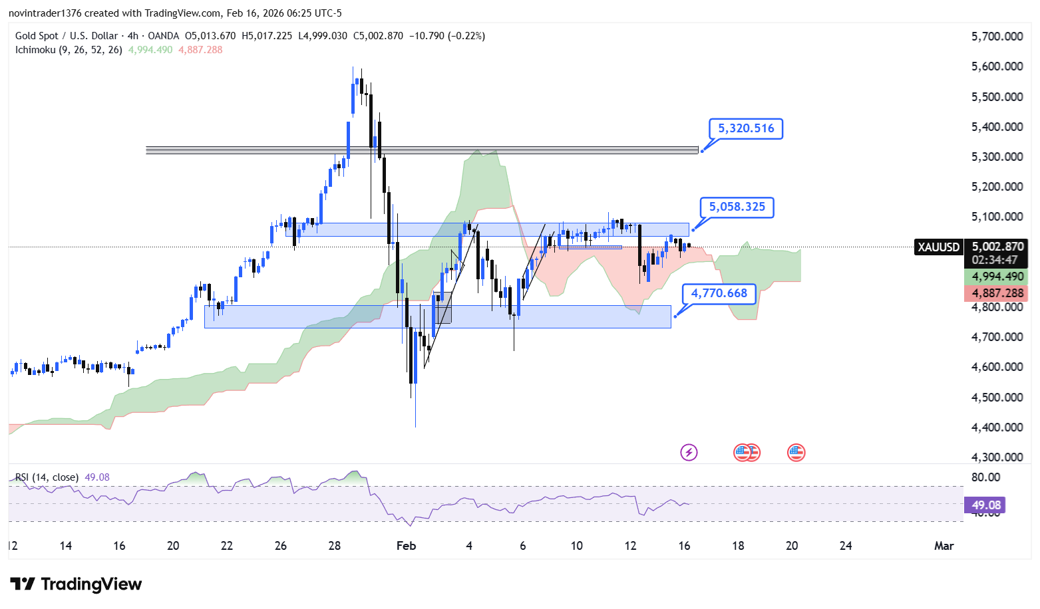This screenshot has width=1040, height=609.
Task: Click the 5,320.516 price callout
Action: [746, 128]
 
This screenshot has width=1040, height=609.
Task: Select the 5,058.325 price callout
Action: [737, 207]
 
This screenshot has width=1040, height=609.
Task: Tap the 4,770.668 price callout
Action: [719, 293]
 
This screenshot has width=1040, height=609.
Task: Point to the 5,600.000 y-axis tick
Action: [997, 66]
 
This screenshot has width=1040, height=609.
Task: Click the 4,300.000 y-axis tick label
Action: [997, 457]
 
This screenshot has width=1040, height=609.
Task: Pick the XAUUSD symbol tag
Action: [938, 247]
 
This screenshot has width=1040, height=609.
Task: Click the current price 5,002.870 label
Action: [997, 247]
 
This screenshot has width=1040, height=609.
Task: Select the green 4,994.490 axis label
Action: [997, 277]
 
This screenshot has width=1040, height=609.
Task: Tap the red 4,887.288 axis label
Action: [997, 293]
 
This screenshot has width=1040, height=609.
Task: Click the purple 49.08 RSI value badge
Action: [985, 505]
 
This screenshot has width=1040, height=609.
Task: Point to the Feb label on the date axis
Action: [406, 546]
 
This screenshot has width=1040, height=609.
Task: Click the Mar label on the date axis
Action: [944, 546]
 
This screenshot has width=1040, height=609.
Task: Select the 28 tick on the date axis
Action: [335, 546]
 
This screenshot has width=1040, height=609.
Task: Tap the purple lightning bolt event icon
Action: [689, 453]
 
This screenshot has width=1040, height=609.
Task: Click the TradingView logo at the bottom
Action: [76, 584]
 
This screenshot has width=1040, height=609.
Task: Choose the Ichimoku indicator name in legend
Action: [69, 50]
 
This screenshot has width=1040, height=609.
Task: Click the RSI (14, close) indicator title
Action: [47, 477]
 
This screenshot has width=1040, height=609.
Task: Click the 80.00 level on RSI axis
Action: [985, 477]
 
